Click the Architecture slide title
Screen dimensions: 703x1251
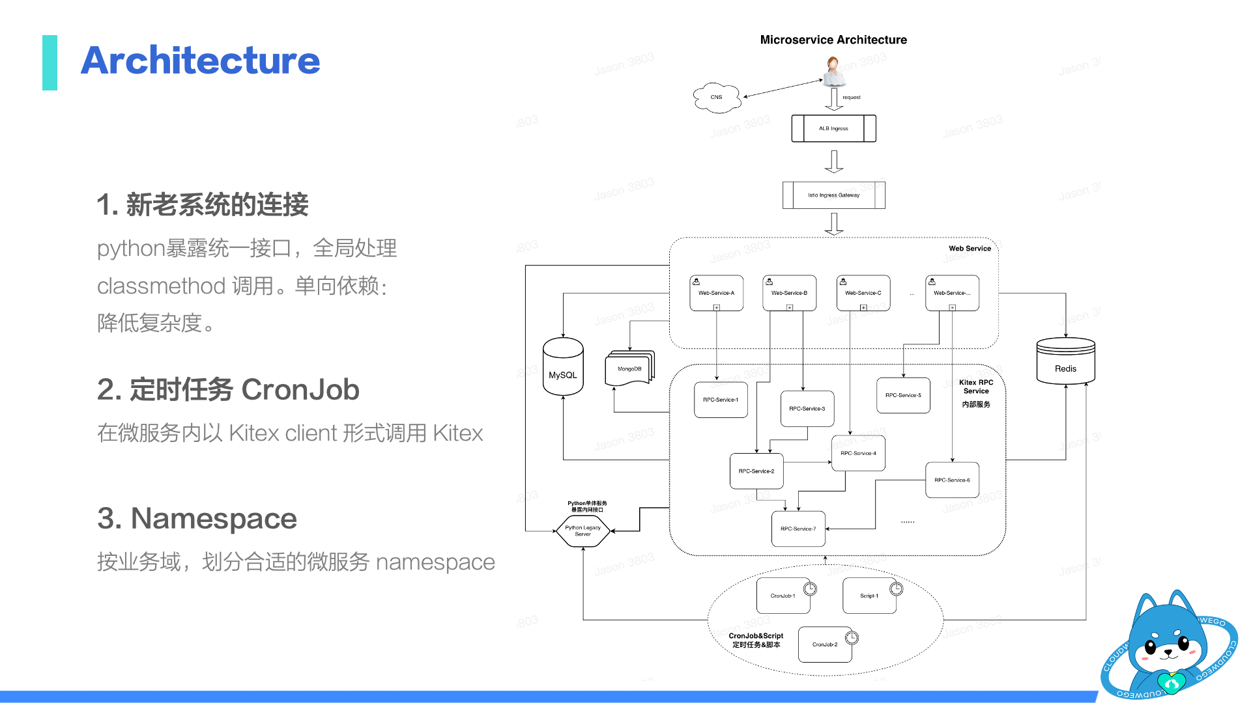[200, 61]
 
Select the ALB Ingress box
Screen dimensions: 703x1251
[833, 128]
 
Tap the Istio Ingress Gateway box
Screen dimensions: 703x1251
[833, 195]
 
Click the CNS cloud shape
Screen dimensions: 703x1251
[717, 98]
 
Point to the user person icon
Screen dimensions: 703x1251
[833, 71]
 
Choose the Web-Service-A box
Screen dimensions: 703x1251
[716, 293]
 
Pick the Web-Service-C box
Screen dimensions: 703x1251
[863, 293]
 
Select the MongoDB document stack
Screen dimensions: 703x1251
[629, 368]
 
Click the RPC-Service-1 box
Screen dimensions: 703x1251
[721, 400]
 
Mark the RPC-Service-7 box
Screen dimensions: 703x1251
[798, 529]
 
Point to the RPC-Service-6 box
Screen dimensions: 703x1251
[952, 480]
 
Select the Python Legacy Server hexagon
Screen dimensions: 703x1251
[583, 531]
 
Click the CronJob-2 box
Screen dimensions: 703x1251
[825, 644]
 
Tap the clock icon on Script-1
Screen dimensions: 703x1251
[897, 589]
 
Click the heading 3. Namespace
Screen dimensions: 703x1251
[197, 519]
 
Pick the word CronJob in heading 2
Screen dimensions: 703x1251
[300, 390]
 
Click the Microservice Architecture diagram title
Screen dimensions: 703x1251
[833, 40]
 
